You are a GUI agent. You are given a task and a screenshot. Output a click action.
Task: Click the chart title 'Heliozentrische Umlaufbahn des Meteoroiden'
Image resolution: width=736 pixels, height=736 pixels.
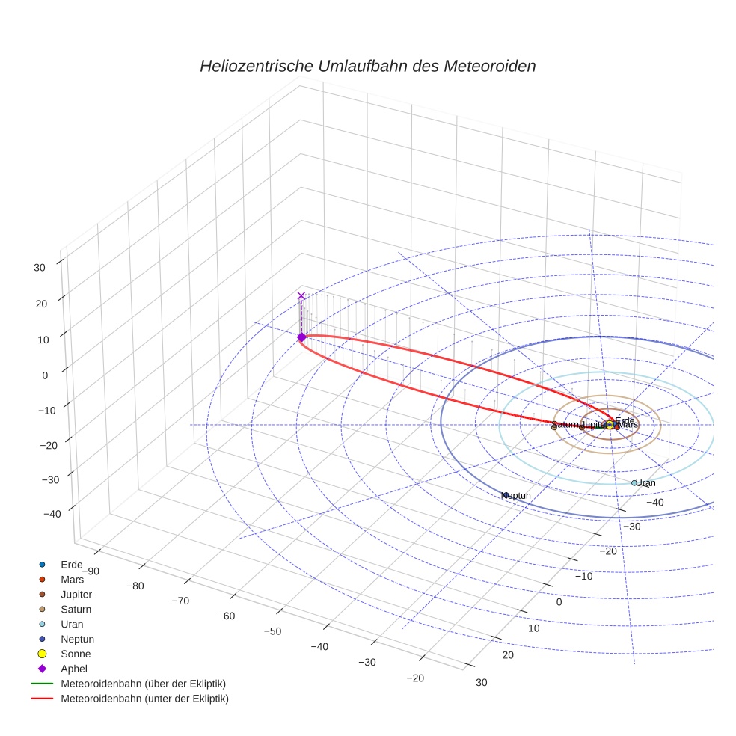coord(367,66)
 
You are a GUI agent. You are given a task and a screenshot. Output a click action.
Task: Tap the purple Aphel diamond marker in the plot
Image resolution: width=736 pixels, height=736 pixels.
coord(301,337)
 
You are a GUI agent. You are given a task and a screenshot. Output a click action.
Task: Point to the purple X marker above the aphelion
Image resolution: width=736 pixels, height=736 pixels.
coord(301,296)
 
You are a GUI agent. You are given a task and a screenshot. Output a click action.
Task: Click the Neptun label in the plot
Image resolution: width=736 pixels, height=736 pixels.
coord(517,496)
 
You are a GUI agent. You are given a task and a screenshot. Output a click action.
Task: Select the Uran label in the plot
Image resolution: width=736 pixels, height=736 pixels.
coord(645,483)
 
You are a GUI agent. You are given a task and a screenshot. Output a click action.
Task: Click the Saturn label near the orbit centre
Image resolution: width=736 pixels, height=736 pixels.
coord(565,425)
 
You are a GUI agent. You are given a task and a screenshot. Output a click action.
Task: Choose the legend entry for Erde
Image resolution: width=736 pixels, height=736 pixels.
coord(71,564)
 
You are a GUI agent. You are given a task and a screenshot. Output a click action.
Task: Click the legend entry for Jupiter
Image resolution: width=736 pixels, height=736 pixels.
coord(76,594)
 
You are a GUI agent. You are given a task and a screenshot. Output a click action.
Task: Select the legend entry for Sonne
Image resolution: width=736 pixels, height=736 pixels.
coord(76,654)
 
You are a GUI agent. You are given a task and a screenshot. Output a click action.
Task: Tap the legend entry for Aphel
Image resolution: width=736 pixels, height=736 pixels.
coord(74,669)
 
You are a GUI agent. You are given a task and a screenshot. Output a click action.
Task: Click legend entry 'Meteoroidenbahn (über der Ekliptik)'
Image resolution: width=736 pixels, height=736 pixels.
coord(143,684)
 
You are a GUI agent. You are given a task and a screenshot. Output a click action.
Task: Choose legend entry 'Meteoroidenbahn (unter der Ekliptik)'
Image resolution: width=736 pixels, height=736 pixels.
coord(144,699)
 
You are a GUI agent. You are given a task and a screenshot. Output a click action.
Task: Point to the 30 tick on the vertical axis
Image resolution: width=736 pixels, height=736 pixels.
coord(40,267)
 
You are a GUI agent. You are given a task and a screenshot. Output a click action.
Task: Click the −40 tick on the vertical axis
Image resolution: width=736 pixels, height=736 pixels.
coord(52,514)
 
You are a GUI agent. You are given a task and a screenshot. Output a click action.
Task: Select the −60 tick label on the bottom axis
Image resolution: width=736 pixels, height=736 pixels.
coord(226,616)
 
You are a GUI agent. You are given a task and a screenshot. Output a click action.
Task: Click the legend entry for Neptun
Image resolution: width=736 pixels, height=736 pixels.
coord(77,639)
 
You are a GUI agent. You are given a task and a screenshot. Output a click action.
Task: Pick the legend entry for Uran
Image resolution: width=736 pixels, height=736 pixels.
coord(72,624)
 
